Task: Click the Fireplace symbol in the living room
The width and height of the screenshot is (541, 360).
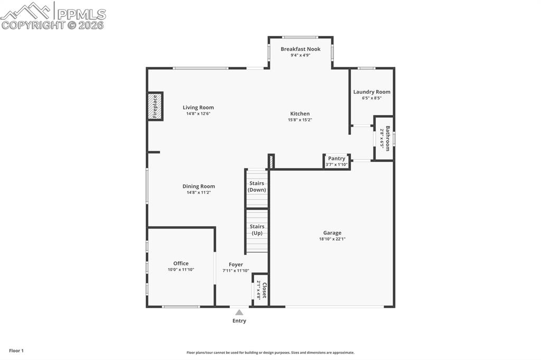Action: (154, 106)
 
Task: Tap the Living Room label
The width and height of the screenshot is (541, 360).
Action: (198, 108)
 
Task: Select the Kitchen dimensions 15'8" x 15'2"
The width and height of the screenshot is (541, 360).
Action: (300, 120)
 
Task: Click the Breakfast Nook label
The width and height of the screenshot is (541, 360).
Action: (300, 49)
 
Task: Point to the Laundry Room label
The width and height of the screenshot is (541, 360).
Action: (371, 92)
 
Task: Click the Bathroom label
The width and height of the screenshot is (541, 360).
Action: (387, 138)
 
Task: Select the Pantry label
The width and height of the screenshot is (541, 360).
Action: (337, 158)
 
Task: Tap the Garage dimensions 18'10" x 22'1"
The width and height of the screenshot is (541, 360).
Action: (332, 239)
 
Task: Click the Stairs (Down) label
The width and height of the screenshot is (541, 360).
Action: (257, 186)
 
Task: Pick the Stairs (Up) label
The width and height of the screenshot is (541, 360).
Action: (257, 230)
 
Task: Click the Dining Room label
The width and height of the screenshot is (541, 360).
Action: (199, 186)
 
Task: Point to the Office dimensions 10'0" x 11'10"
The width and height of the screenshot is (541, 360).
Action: (181, 270)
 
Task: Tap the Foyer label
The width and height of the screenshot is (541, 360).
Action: (236, 264)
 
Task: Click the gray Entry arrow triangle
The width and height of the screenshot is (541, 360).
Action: (239, 312)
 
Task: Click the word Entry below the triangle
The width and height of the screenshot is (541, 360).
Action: (239, 320)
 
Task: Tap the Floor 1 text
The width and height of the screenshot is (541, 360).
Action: (16, 350)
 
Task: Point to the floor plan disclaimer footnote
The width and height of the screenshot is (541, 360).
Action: (270, 353)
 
